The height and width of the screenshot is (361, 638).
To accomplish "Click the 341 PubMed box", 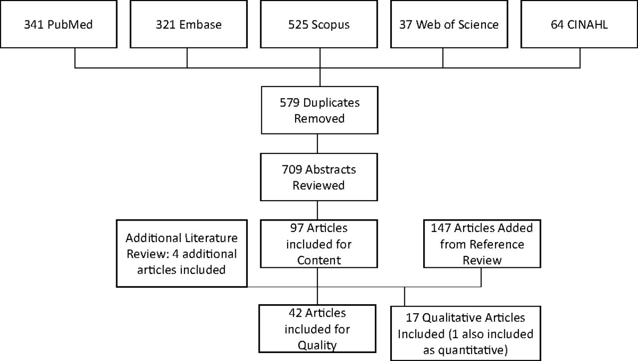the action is (58, 24).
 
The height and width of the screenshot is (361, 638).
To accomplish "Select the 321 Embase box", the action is (188, 24).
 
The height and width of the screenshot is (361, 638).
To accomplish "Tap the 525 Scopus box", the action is (319, 24).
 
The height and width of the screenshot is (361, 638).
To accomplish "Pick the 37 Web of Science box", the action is (449, 24).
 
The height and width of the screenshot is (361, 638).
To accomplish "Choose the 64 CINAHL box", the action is (579, 24).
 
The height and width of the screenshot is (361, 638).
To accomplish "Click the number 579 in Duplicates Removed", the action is (290, 103).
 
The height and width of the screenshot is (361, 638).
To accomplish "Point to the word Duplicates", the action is (331, 103).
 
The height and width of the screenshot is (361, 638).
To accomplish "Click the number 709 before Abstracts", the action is (292, 170).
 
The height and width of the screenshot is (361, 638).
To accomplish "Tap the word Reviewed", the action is (319, 185).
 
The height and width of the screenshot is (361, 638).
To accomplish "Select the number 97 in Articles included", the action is (297, 228).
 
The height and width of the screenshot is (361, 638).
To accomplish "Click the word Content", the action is (319, 260).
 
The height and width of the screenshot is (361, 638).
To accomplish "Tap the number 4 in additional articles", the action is (176, 254).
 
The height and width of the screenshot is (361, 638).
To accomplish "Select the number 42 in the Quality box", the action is (296, 313).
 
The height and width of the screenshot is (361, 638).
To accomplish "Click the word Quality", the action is (318, 346).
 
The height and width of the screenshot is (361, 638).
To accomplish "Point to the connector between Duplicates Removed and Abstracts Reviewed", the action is (318, 144).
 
